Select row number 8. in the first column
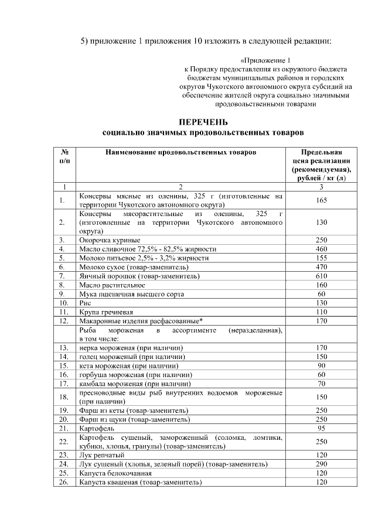click(x=62, y=285)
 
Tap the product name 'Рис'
click(x=85, y=303)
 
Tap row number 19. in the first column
click(x=62, y=411)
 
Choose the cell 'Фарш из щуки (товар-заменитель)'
click(x=134, y=419)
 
